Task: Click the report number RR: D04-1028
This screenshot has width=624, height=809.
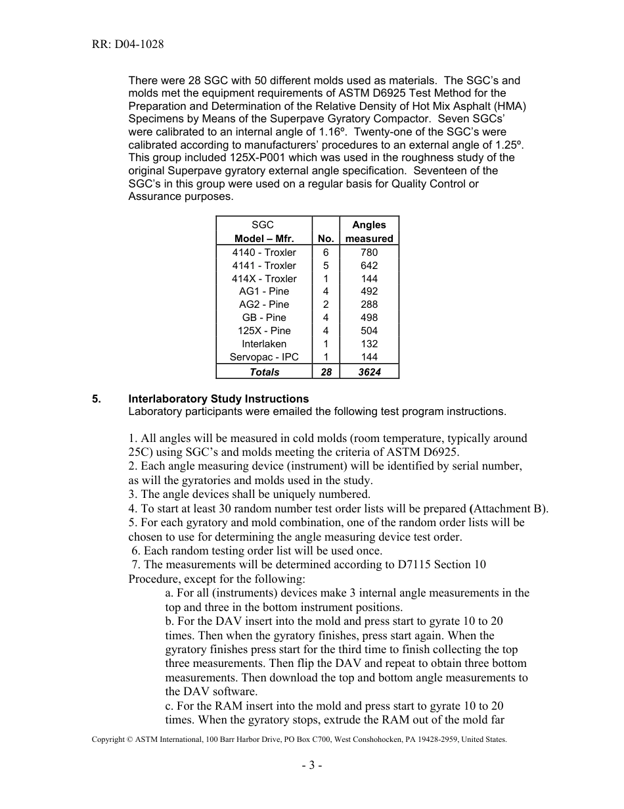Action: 128,45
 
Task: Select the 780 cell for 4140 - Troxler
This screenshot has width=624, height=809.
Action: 369,253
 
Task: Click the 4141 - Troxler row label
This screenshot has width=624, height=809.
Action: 264,266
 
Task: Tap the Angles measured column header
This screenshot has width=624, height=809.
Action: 369,232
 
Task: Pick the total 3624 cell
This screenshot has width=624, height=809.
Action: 369,372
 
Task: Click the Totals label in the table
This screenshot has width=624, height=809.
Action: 264,372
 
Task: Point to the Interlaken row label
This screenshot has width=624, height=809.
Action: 264,344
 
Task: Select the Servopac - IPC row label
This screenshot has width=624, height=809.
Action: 264,357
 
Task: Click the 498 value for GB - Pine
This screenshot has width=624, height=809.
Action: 369,318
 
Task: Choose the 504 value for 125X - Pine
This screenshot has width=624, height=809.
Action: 369,331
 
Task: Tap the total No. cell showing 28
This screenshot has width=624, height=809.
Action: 326,372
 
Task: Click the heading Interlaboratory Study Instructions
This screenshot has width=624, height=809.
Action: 218,399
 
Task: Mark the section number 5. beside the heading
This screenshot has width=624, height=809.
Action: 97,399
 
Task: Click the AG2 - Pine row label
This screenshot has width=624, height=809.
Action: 264,305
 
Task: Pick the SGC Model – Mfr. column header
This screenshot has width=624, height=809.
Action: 264,232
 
